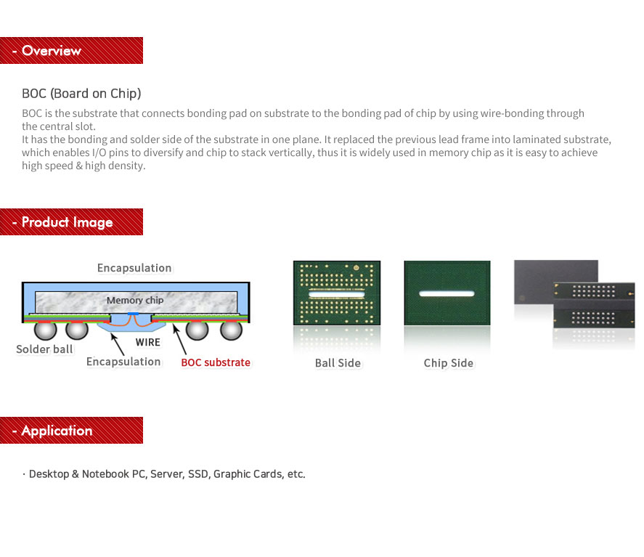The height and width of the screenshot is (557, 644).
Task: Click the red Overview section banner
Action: pyautogui.click(x=71, y=51)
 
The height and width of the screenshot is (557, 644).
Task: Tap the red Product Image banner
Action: pyautogui.click(x=71, y=221)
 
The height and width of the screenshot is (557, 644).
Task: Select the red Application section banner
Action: pyautogui.click(x=71, y=430)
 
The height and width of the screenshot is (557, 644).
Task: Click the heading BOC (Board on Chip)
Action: pyautogui.click(x=81, y=94)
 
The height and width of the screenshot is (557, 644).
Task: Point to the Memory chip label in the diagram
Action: pyautogui.click(x=135, y=300)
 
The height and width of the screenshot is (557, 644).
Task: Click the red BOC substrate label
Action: pyautogui.click(x=216, y=362)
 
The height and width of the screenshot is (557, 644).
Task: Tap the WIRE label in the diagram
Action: pyautogui.click(x=148, y=342)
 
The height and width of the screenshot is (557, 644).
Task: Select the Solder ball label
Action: pyautogui.click(x=44, y=349)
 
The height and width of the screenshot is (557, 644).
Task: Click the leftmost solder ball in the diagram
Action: pyautogui.click(x=45, y=330)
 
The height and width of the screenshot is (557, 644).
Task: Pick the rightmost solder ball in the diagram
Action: pyautogui.click(x=231, y=330)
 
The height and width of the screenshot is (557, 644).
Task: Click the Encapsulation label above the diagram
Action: pyautogui.click(x=134, y=268)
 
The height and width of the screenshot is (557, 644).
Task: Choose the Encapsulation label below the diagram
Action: pyautogui.click(x=123, y=362)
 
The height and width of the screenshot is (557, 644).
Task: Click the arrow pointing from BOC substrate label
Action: pyautogui.click(x=179, y=339)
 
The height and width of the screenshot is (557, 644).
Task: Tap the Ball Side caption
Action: pyautogui.click(x=338, y=363)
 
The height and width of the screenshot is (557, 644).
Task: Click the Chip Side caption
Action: pyautogui.click(x=449, y=363)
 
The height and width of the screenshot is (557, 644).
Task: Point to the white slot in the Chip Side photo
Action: pyautogui.click(x=447, y=293)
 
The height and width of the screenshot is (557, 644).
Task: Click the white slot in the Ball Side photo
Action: pyautogui.click(x=336, y=294)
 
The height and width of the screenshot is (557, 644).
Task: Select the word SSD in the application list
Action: pyautogui.click(x=198, y=474)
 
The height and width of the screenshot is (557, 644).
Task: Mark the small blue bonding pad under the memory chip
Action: pyautogui.click(x=133, y=314)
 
